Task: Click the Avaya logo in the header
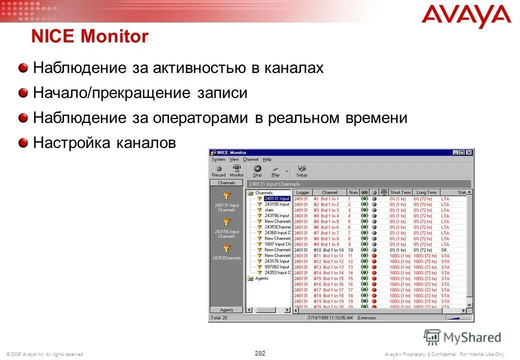(466, 16)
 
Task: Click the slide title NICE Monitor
(90, 37)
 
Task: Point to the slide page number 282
(260, 353)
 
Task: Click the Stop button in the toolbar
(257, 171)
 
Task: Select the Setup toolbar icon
(301, 171)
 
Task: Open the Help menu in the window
(267, 159)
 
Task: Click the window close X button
(469, 152)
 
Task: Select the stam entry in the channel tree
(269, 210)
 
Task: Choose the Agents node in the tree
(261, 278)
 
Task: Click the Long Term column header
(426, 192)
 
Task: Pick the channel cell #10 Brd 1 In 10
(328, 250)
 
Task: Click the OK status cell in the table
(444, 250)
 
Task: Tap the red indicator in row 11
(373, 255)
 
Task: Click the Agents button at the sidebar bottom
(226, 310)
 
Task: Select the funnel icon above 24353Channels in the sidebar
(226, 248)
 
